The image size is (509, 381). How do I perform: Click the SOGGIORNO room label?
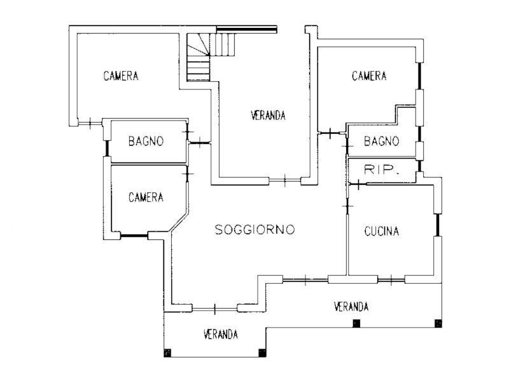tap(254, 230)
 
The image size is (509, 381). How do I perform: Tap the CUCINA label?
tap(382, 232)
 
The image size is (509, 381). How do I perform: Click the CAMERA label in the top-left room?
tap(121, 76)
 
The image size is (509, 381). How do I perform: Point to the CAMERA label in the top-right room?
tap(369, 76)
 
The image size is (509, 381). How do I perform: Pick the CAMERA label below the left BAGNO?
tap(146, 197)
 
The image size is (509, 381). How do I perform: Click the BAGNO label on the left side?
tap(146, 141)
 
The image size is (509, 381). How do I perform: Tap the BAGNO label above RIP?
tap(381, 141)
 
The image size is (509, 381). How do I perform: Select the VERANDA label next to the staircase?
tap(267, 116)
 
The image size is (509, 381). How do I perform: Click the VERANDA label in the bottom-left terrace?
tap(221, 334)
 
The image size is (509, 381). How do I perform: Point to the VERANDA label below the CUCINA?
tap(351, 307)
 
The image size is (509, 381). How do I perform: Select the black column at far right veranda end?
tap(438, 324)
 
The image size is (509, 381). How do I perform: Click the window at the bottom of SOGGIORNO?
tap(214, 309)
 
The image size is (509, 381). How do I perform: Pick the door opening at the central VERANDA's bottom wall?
tap(284, 180)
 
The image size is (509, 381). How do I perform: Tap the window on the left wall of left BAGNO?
tap(108, 147)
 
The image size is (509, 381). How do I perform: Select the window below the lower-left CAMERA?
tap(134, 236)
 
